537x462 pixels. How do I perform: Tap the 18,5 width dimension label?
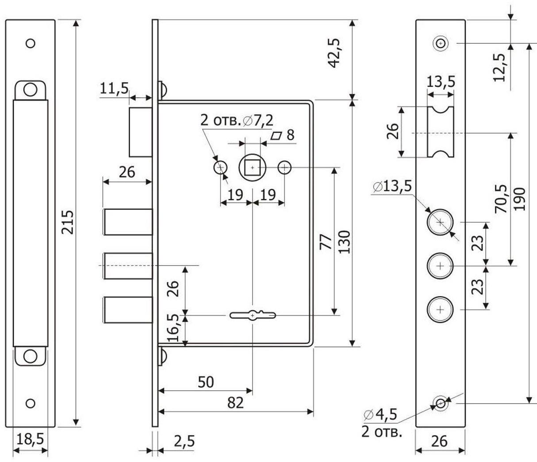[30, 439]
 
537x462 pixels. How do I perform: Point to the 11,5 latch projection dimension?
[114, 88]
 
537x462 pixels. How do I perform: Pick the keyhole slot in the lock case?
[253, 316]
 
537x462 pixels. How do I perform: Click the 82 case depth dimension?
[235, 402]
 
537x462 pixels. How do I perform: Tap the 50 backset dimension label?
[205, 381]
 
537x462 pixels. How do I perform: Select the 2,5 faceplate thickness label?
[183, 441]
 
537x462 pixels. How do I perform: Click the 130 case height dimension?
[344, 242]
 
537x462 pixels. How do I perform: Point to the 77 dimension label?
[326, 242]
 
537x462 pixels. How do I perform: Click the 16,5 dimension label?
[174, 327]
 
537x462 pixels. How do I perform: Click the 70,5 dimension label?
[501, 199]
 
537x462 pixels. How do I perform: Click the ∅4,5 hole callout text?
[380, 415]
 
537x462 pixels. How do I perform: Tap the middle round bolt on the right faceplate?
[440, 266]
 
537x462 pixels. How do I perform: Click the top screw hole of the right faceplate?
[441, 43]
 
